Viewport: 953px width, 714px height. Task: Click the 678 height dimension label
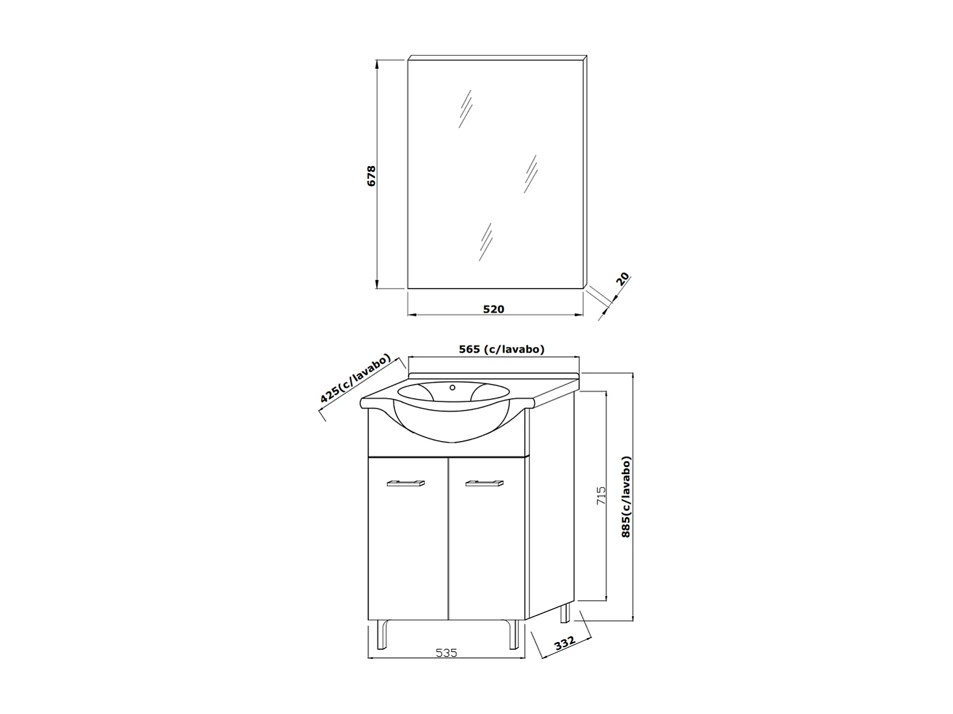point(371,176)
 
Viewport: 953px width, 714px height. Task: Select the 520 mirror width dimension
point(493,309)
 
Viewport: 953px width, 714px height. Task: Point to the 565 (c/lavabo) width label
point(501,349)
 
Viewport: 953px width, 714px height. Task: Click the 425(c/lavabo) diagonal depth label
point(356,379)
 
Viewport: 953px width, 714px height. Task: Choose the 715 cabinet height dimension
point(600,495)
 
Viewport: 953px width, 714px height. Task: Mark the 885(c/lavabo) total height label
point(626,497)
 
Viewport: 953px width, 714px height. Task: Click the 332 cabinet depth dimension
point(565,644)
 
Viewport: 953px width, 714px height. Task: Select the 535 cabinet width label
point(446,652)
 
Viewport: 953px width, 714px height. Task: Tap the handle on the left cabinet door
point(405,483)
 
